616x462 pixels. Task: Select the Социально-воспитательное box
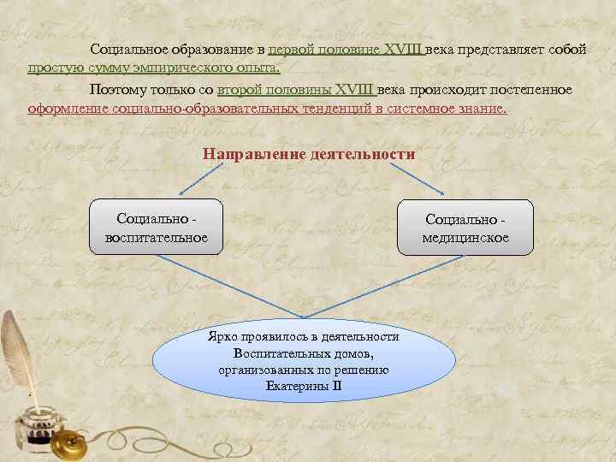(x=156, y=228)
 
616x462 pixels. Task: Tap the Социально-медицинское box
(x=465, y=228)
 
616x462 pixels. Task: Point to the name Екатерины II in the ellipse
(x=304, y=386)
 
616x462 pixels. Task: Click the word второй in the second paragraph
(x=237, y=90)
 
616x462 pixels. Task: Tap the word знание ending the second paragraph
(x=482, y=109)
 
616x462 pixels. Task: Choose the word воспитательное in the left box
(x=156, y=237)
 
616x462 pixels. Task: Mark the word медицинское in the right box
(x=465, y=237)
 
